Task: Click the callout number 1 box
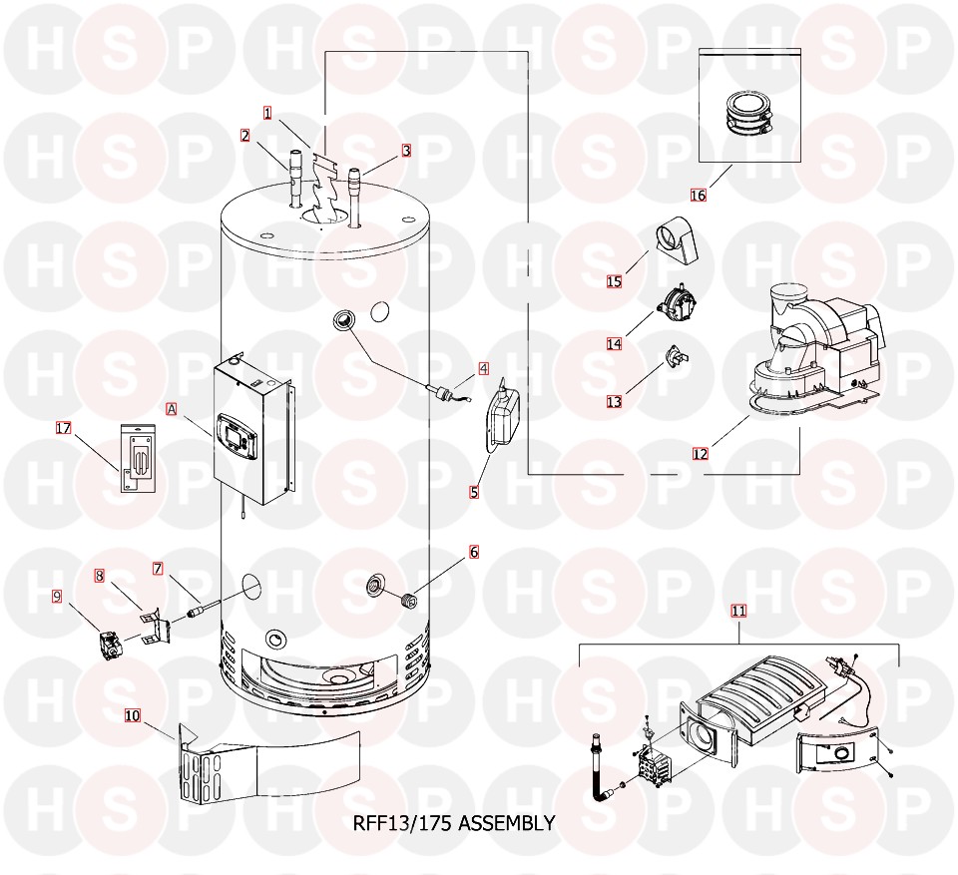pos(267,113)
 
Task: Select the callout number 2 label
pos(244,136)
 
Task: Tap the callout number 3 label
pos(407,152)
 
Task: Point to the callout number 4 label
pos(484,368)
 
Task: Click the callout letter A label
pos(171,409)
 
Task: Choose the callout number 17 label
pos(64,429)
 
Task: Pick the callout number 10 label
pos(133,714)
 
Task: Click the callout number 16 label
pos(698,196)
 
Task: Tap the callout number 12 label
pos(701,454)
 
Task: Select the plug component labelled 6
pos(407,600)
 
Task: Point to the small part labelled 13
pos(675,354)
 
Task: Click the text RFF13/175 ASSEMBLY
pos(454,823)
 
